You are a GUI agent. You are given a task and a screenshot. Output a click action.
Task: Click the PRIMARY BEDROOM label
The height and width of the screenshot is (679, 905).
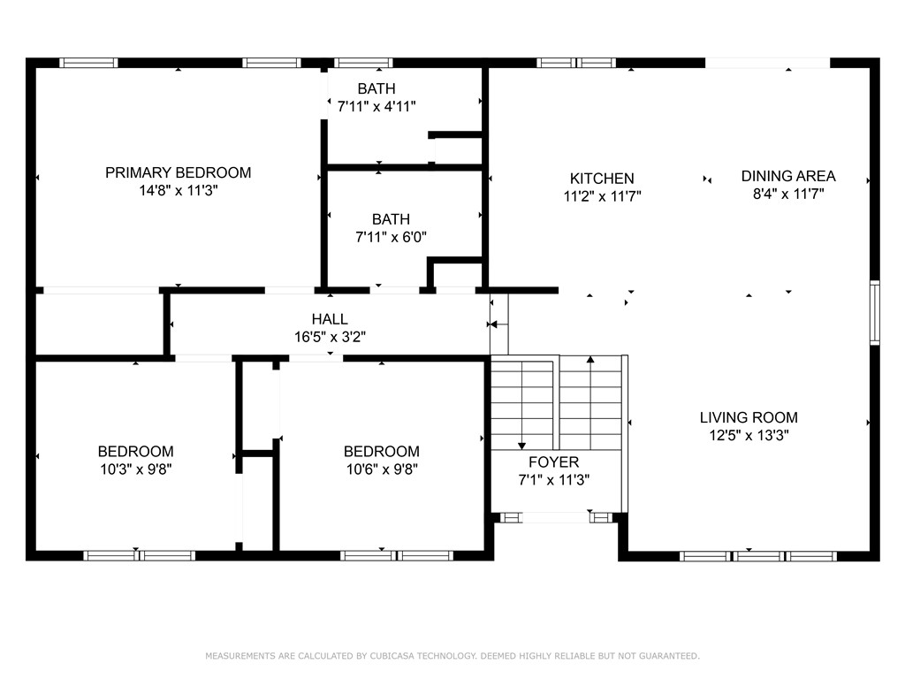[178, 172]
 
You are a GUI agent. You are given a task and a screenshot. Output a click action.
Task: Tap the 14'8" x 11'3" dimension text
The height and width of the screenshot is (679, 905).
[178, 190]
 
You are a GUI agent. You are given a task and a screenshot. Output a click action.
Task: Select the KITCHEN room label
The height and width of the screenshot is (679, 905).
[601, 179]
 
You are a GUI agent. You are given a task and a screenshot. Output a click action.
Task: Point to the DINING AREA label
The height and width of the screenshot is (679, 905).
[787, 176]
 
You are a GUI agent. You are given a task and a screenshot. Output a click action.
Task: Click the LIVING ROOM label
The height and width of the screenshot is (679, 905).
[749, 417]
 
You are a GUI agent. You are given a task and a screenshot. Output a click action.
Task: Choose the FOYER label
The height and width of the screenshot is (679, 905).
[553, 462]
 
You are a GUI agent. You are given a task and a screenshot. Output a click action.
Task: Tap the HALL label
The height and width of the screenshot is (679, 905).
[329, 319]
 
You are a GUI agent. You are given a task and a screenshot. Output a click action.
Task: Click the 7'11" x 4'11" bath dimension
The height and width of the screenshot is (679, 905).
[376, 106]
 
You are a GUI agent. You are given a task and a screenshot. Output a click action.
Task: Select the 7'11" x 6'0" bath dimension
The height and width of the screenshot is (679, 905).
[391, 236]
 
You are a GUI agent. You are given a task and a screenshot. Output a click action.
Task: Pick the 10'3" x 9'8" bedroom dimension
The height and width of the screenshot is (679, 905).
[135, 469]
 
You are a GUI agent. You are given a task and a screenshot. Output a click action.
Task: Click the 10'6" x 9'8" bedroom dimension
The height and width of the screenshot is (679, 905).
[381, 469]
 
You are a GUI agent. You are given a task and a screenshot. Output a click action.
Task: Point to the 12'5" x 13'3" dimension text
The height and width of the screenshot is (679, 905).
[749, 435]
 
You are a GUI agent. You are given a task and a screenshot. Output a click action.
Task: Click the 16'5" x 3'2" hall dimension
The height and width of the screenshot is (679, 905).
[329, 337]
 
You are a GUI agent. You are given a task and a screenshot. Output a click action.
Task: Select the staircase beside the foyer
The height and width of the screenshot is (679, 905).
[557, 402]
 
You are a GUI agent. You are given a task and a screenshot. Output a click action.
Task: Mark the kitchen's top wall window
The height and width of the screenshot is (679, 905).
[576, 63]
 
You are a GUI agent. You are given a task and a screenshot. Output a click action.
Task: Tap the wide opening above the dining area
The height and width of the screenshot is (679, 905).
[767, 63]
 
